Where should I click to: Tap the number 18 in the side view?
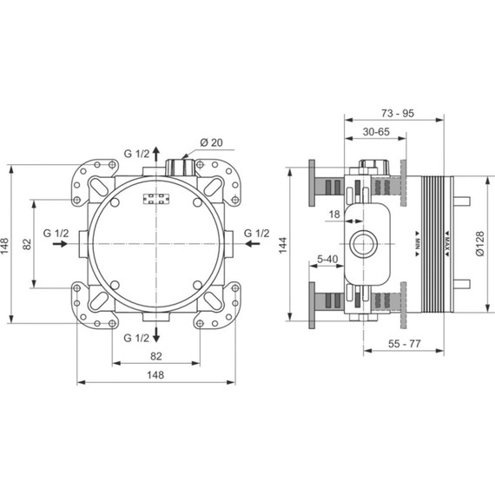[x=333, y=213]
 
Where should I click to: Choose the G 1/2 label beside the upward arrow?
[x=135, y=155]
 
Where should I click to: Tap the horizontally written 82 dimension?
[x=156, y=357]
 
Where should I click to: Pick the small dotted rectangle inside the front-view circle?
[x=157, y=200]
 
